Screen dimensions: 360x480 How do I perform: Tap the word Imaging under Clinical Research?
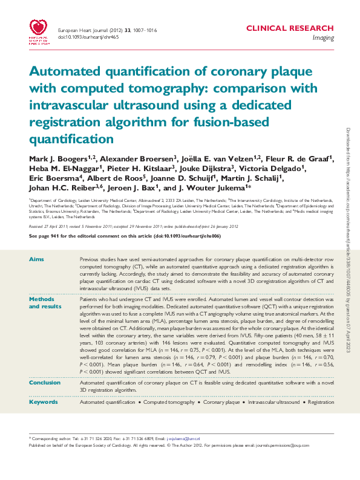coord(322,37)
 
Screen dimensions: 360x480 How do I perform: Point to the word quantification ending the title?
coord(71,138)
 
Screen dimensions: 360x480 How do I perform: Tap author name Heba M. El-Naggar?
coord(57,169)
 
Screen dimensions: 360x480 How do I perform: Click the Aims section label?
coord(36,259)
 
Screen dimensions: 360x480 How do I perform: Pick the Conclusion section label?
coord(44,383)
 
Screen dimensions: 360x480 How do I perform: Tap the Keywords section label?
coord(44,401)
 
